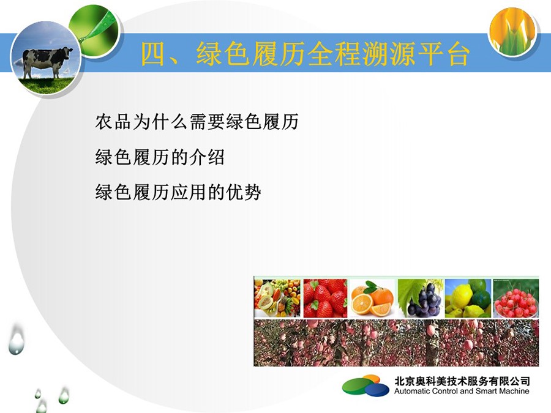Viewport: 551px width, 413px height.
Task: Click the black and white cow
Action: point(47,62)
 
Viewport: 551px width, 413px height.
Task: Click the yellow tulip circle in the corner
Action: point(512,31)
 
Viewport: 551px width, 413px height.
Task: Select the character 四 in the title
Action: point(154,54)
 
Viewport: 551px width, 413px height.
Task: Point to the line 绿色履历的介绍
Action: point(160,157)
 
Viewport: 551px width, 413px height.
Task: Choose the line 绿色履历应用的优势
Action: point(178,192)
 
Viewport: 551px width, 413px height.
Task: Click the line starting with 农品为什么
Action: point(197,122)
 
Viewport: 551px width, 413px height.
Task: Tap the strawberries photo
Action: point(325,298)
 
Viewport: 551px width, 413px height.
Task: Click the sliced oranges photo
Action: point(372,298)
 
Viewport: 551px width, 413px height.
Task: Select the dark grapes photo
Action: point(419,298)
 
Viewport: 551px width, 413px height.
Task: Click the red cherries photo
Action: point(516,298)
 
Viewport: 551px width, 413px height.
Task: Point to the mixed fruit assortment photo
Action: point(277,298)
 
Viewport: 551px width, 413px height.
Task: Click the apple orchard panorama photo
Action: point(396,343)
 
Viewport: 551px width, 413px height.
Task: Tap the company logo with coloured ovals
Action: point(366,385)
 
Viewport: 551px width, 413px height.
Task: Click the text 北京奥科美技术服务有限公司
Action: point(462,381)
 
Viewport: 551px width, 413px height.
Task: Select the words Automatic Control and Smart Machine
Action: point(462,391)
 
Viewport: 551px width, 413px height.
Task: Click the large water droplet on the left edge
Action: point(17,339)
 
